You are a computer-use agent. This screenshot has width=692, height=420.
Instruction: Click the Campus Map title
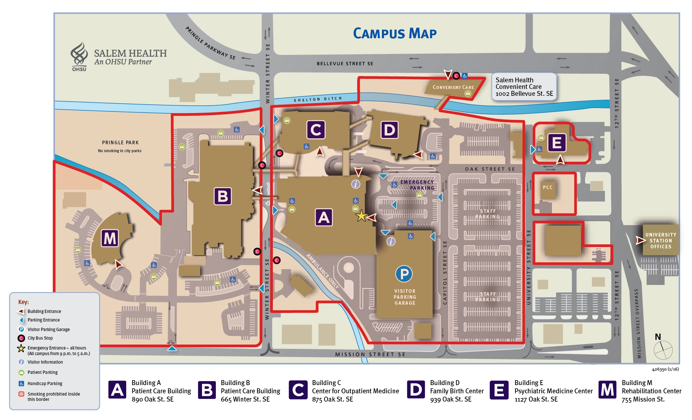click(394, 33)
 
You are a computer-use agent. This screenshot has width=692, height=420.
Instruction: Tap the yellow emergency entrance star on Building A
click(361, 216)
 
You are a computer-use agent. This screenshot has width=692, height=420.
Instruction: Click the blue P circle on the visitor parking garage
click(404, 273)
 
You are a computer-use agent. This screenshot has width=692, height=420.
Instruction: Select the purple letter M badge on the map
click(110, 238)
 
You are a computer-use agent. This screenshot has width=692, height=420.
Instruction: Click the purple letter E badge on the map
click(557, 143)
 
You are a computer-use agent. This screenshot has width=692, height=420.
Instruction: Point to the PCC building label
click(547, 187)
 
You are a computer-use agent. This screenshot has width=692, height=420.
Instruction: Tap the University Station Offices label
click(660, 240)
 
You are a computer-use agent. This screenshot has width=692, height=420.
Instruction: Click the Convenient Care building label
click(453, 87)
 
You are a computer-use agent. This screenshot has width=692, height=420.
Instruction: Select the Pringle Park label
click(120, 143)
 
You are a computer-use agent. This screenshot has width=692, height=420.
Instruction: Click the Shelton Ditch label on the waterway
click(318, 99)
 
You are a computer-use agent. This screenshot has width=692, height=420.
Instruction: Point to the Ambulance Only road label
click(323, 271)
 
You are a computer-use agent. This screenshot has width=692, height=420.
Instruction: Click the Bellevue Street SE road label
click(345, 64)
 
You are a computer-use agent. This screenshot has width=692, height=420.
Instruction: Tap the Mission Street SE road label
click(370, 354)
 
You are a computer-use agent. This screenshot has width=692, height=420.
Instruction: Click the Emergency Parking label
click(418, 185)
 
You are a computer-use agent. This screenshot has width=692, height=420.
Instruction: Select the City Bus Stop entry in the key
click(40, 338)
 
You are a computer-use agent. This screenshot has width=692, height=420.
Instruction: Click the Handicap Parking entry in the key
click(45, 383)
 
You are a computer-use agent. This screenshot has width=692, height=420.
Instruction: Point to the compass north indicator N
click(658, 337)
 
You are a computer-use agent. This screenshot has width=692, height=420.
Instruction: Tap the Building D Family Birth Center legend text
click(456, 391)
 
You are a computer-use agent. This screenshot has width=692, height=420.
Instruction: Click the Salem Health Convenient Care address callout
click(524, 87)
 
